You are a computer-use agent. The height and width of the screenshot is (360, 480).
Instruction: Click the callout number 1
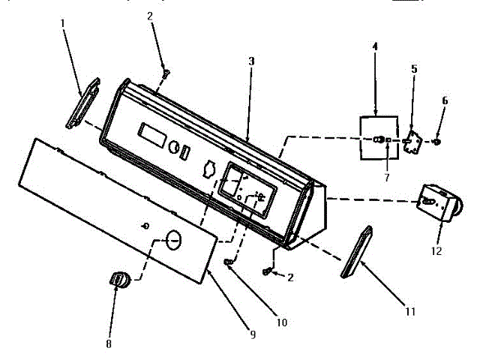[x=62, y=23]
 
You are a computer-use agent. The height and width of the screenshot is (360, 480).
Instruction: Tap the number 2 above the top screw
[x=150, y=15]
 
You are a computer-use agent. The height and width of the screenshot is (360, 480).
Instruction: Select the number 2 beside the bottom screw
[x=290, y=277]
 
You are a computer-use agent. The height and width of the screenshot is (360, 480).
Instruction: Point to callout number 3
[x=251, y=61]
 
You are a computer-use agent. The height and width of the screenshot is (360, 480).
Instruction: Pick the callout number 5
[x=413, y=69]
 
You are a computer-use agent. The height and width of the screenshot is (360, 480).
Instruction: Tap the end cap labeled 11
[x=356, y=251]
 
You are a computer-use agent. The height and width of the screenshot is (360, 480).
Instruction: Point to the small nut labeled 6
[x=438, y=140]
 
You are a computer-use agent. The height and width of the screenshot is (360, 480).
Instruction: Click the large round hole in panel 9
[x=173, y=239]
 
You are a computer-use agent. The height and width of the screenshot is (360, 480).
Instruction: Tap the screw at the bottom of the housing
[x=267, y=270]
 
